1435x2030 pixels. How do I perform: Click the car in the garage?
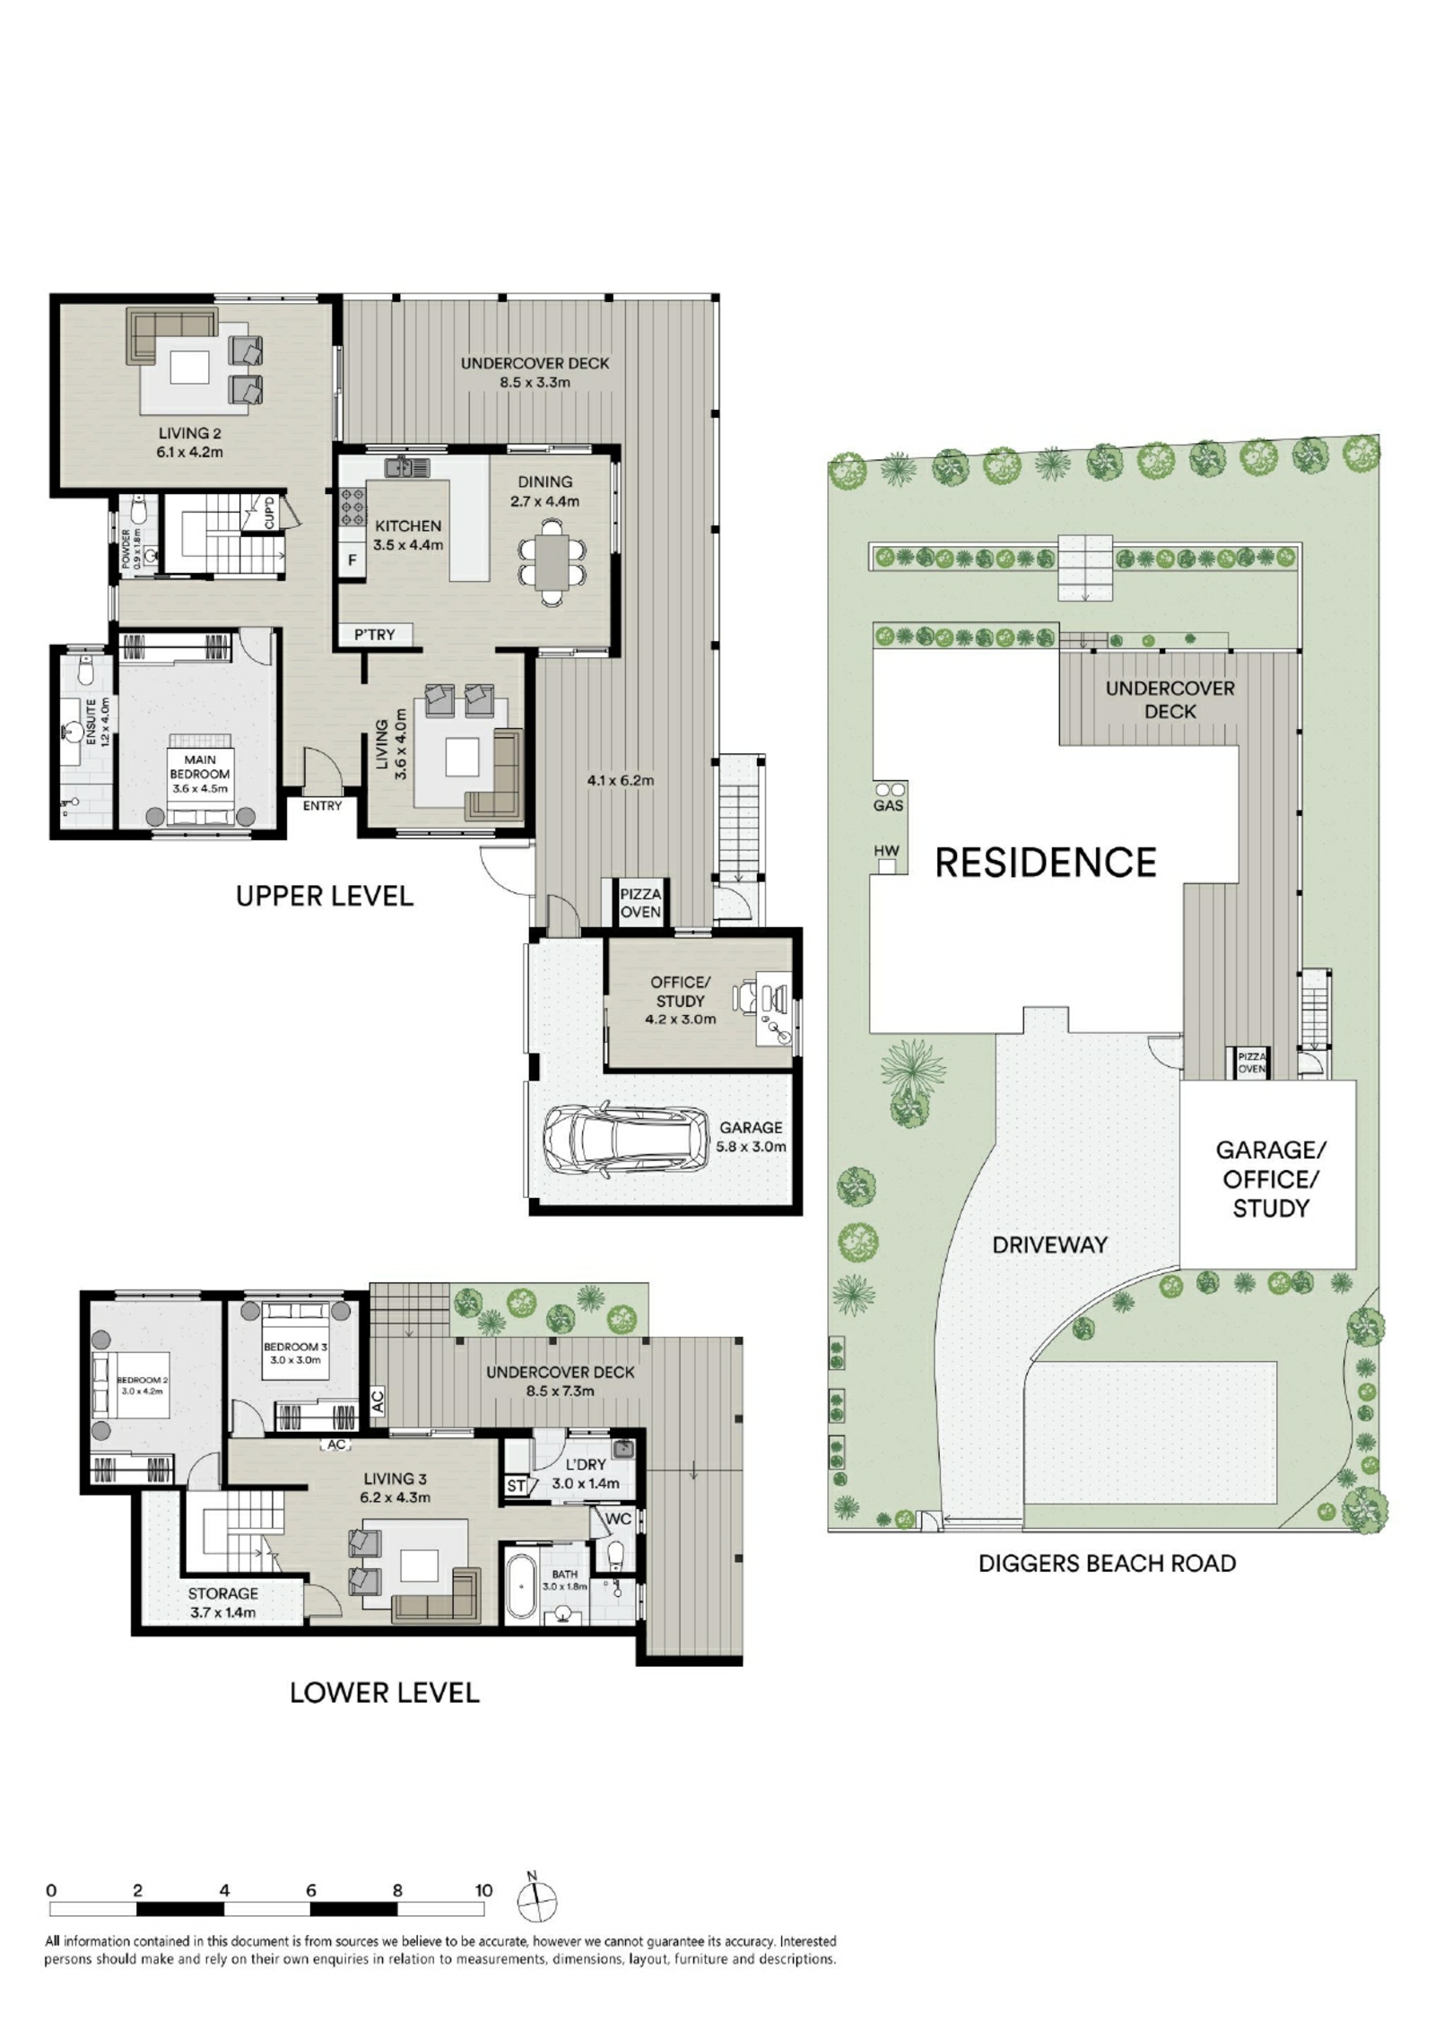(x=625, y=1141)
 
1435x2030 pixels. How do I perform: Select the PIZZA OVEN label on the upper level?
(x=640, y=903)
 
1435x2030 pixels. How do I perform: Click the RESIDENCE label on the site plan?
(x=1046, y=862)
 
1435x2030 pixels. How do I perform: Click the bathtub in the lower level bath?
(x=521, y=1585)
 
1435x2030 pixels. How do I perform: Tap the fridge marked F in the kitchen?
(x=352, y=560)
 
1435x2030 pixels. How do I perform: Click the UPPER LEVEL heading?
(x=324, y=896)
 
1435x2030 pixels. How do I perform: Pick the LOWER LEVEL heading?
(x=385, y=1693)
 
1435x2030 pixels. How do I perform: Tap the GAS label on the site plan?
(x=888, y=806)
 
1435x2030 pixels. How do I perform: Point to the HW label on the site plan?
(x=886, y=851)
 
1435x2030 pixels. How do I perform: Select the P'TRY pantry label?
(x=374, y=635)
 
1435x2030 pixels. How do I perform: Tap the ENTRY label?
(x=322, y=806)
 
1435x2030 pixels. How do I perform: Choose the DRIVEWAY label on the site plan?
(x=1049, y=1245)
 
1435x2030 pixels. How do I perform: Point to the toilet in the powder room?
(x=139, y=510)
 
